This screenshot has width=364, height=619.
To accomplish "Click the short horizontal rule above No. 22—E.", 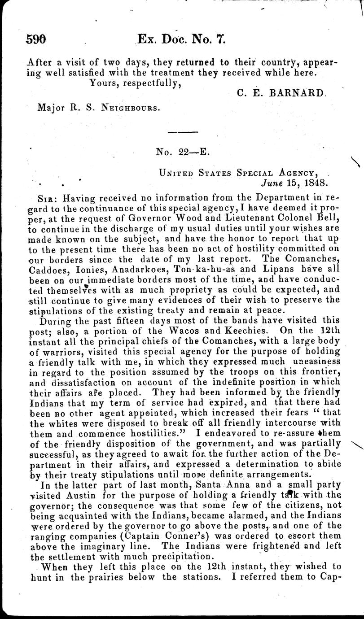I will click(179, 132).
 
